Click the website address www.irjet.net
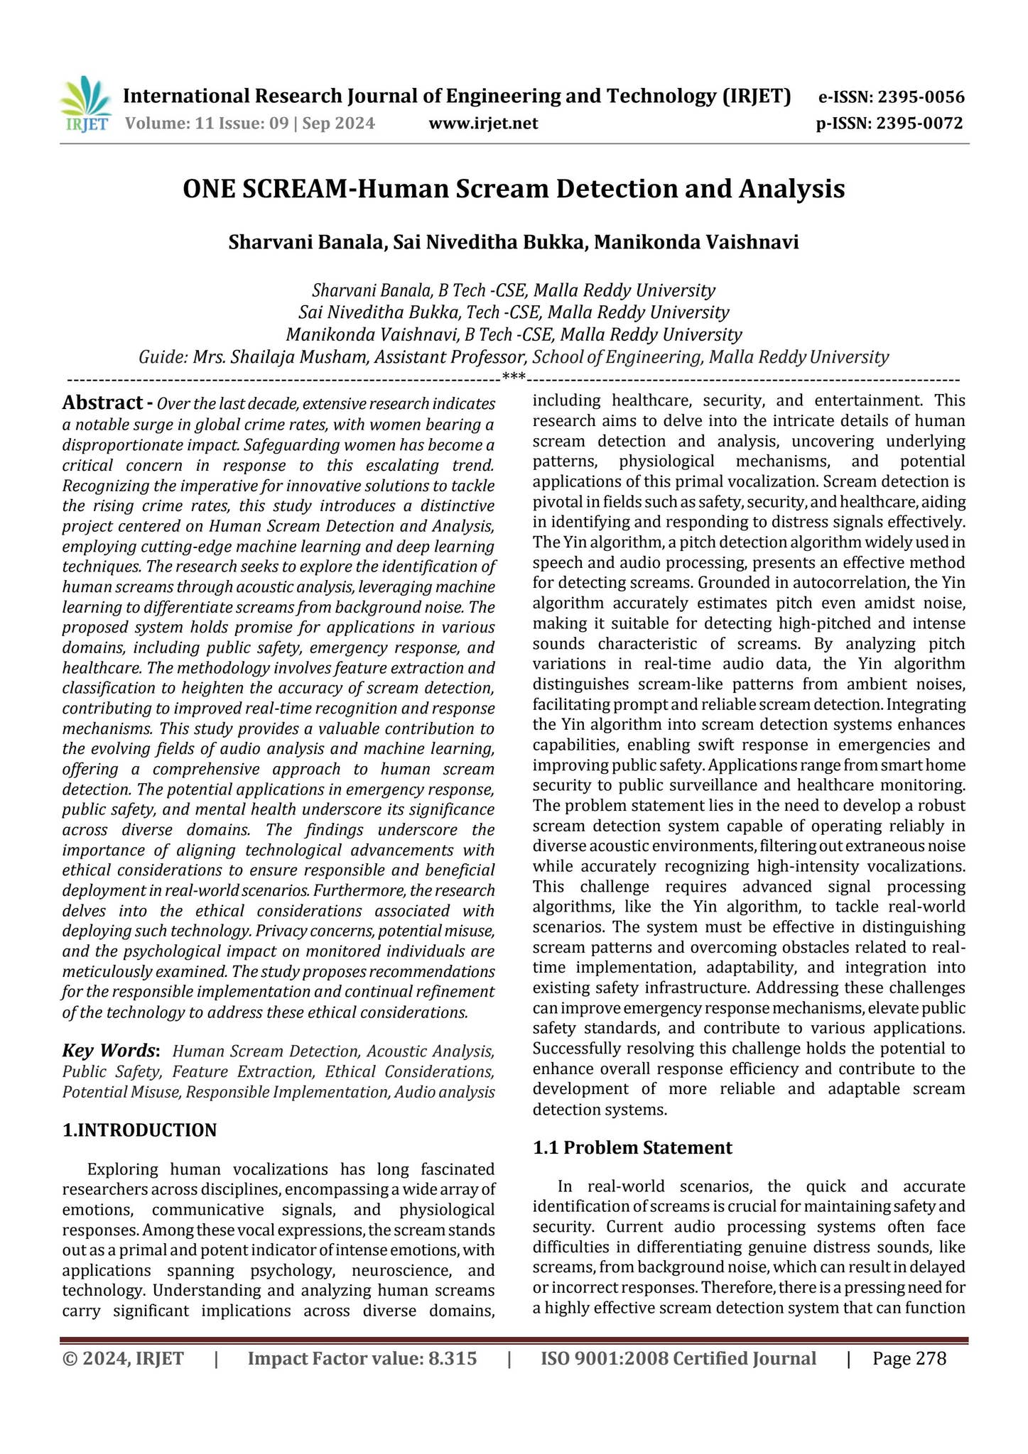click(483, 124)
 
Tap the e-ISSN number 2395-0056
click(921, 97)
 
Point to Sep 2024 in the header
click(338, 124)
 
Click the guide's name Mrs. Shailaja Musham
click(279, 356)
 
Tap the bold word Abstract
click(102, 403)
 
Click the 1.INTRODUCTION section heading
click(139, 1130)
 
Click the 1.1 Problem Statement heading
click(632, 1148)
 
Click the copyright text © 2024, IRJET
click(123, 1359)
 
